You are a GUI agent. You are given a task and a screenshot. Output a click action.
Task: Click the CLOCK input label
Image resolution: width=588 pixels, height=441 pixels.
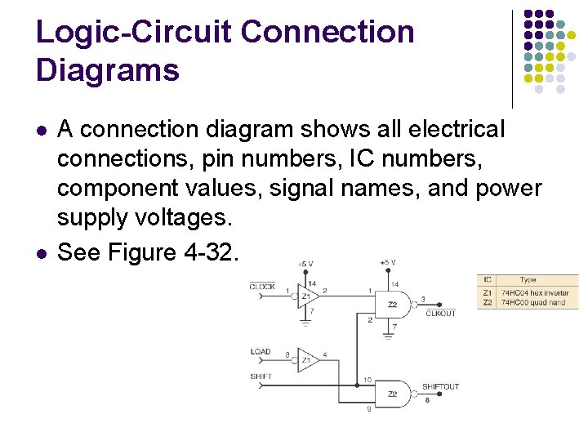coord(262,287)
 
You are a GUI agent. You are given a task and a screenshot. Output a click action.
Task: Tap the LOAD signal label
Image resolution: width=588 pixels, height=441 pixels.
coord(261,352)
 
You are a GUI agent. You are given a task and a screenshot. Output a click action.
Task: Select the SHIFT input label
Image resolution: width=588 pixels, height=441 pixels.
coord(261,376)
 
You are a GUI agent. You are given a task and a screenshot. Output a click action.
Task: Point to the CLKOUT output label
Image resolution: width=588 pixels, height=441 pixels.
coord(441,314)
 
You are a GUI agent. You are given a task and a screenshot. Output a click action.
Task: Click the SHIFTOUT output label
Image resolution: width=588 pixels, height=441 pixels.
coord(440,387)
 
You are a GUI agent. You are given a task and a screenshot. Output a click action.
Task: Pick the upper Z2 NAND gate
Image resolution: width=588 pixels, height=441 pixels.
coord(393,304)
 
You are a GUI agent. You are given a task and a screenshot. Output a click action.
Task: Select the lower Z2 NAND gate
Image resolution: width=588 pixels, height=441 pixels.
coord(393,393)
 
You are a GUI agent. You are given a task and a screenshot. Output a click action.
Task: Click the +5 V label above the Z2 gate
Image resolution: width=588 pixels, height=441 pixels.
coord(388,263)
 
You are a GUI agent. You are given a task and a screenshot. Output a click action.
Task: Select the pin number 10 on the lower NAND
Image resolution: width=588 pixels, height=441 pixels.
coord(368,380)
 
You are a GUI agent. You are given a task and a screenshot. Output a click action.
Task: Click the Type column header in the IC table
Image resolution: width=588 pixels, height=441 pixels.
coord(528,280)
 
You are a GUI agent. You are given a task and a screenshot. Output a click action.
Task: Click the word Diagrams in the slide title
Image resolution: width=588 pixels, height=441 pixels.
coord(107,70)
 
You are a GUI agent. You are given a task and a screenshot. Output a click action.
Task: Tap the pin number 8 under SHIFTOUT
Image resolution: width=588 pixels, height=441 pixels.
coord(427,399)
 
